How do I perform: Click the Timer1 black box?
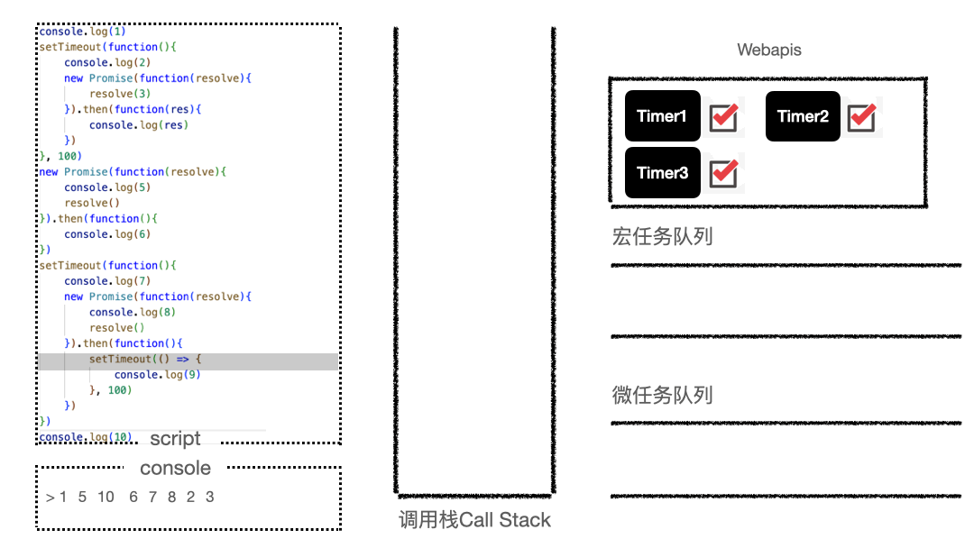click(x=662, y=116)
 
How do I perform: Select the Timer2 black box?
click(x=803, y=116)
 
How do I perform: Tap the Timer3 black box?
click(x=662, y=173)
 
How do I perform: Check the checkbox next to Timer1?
click(x=723, y=117)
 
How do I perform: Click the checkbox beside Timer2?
click(x=862, y=117)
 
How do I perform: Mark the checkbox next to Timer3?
click(x=723, y=173)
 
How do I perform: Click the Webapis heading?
click(x=768, y=50)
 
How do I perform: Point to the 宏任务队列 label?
click(x=662, y=237)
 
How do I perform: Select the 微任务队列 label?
click(x=662, y=395)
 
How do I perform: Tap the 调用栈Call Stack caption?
click(x=474, y=520)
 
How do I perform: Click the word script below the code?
click(x=175, y=439)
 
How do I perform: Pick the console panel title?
click(x=175, y=468)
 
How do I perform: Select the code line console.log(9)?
click(x=157, y=375)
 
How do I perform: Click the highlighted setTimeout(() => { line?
click(x=144, y=360)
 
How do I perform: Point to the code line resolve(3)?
click(x=119, y=94)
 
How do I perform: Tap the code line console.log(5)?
click(x=106, y=187)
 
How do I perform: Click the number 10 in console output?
click(x=106, y=497)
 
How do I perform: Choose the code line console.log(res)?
click(x=138, y=125)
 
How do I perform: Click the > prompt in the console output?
click(x=50, y=497)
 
